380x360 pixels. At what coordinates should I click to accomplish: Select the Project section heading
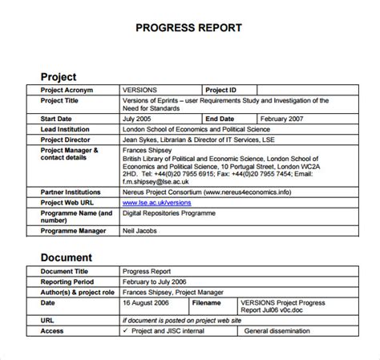tap(59, 77)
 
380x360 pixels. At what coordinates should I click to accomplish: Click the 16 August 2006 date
tap(149, 281)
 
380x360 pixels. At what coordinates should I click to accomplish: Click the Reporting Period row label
tap(74, 260)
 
